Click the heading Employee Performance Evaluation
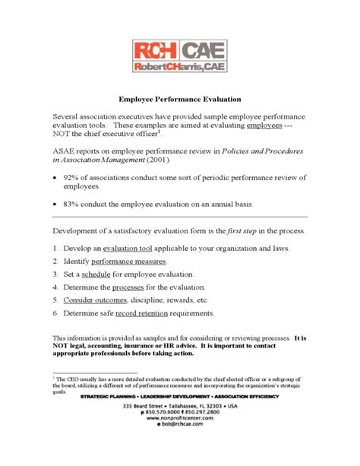point(180,99)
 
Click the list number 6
point(56,313)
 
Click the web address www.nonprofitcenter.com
point(181,439)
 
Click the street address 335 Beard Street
point(144,426)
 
